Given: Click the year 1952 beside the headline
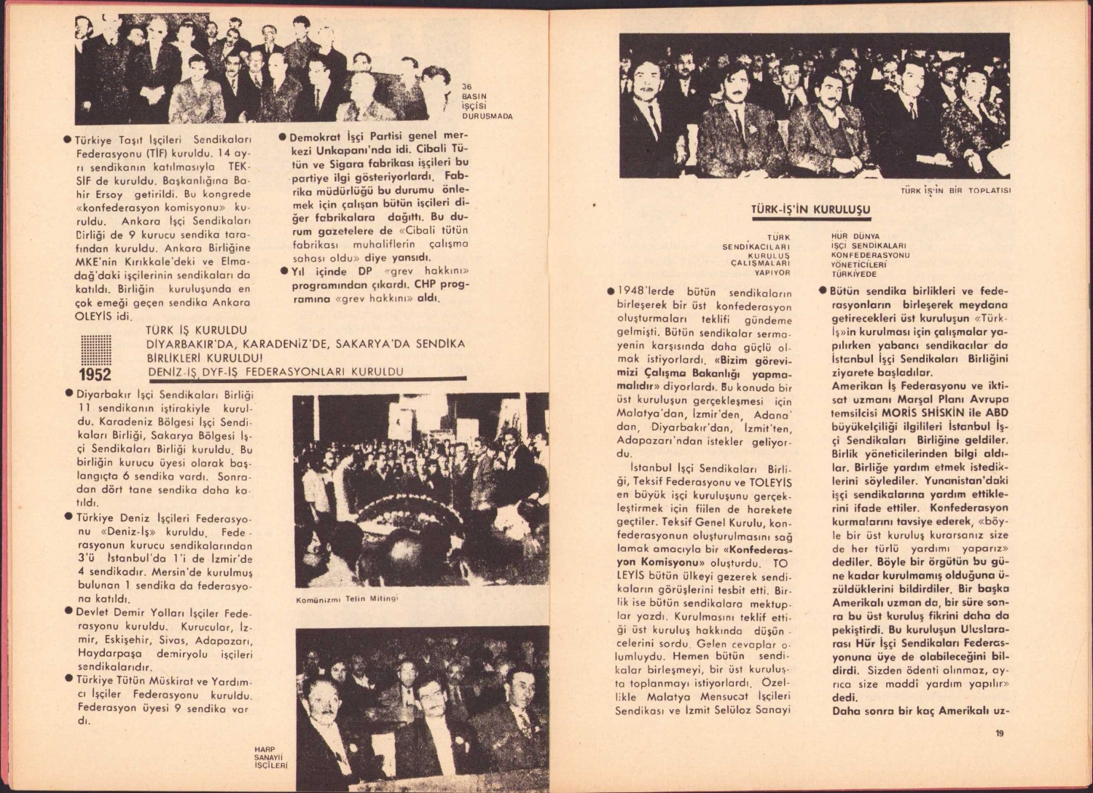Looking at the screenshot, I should [95, 375].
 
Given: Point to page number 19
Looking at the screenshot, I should [999, 734].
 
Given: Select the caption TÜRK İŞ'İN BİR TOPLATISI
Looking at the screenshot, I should [956, 192].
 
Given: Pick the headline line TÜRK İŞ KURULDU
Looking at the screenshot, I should [196, 331].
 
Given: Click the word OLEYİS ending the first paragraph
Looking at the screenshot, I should [94, 317].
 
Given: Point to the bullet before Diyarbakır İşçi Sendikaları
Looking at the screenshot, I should [68, 394].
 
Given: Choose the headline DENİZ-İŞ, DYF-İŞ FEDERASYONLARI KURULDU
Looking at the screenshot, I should [275, 371].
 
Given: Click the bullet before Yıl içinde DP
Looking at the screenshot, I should [283, 272].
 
